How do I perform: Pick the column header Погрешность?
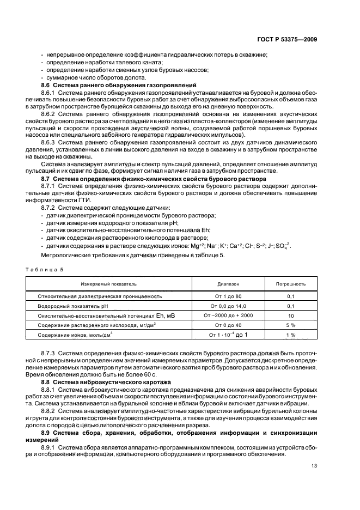(x=291, y=284)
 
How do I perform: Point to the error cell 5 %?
(x=291, y=325)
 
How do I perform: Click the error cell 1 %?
(x=291, y=335)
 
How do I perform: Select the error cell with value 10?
(x=291, y=315)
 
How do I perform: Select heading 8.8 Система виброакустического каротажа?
(x=106, y=382)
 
